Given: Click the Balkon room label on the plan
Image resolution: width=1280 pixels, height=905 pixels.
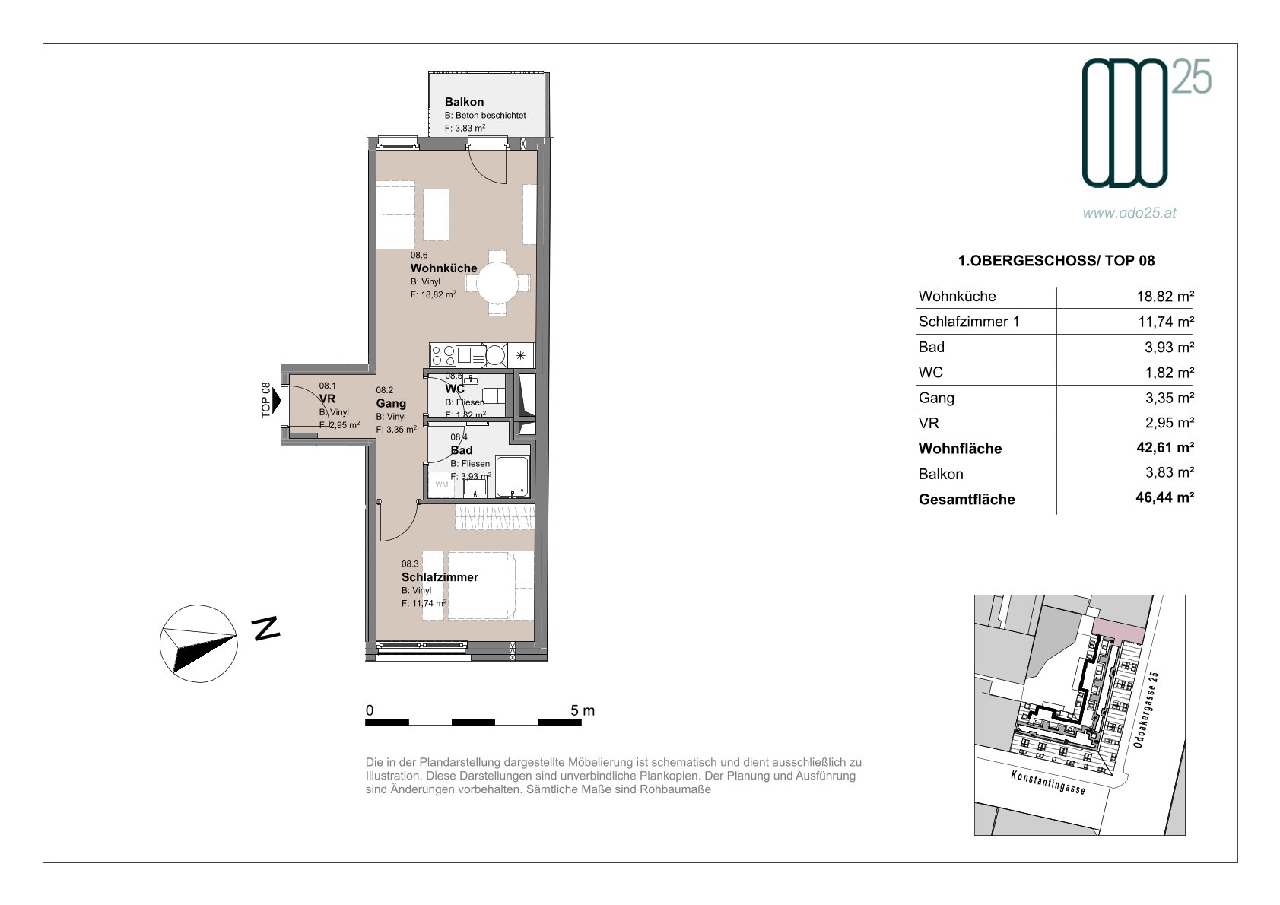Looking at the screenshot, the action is tap(464, 102).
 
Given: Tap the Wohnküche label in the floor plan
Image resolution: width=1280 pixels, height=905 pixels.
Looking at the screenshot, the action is tap(443, 268).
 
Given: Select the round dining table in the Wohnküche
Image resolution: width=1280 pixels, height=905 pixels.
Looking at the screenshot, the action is tap(497, 283).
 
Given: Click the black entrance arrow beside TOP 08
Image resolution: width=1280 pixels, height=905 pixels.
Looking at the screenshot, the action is tap(277, 400).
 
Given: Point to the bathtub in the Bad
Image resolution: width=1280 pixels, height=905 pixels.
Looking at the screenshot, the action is tap(513, 477).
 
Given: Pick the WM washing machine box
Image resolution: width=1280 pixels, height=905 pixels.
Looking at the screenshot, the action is tap(442, 484).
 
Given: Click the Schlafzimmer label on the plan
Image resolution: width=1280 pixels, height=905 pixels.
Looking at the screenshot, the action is tap(440, 577).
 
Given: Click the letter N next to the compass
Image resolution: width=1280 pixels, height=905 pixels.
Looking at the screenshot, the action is tap(266, 628).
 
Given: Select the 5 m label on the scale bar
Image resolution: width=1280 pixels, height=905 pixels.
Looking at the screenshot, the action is tap(583, 710).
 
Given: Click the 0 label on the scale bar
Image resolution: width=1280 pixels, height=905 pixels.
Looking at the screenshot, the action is tap(370, 710).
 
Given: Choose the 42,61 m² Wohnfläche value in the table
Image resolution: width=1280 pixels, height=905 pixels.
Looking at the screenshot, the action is tap(1165, 447).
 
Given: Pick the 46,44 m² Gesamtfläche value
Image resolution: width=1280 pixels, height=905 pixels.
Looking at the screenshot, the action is tap(1165, 497).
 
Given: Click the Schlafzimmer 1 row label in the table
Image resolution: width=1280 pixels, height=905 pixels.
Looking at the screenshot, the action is tap(969, 322).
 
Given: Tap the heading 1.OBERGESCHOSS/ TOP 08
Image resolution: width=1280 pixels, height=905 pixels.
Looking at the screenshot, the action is tap(1056, 261).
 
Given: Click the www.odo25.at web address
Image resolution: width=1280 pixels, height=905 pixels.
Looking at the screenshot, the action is tap(1129, 212).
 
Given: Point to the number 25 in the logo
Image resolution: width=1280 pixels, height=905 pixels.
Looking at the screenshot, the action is tap(1192, 77).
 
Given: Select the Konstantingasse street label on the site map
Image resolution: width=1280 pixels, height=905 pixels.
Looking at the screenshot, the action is tap(1048, 782).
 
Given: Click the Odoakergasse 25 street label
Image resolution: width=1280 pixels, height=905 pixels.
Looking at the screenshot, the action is tap(1146, 710).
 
